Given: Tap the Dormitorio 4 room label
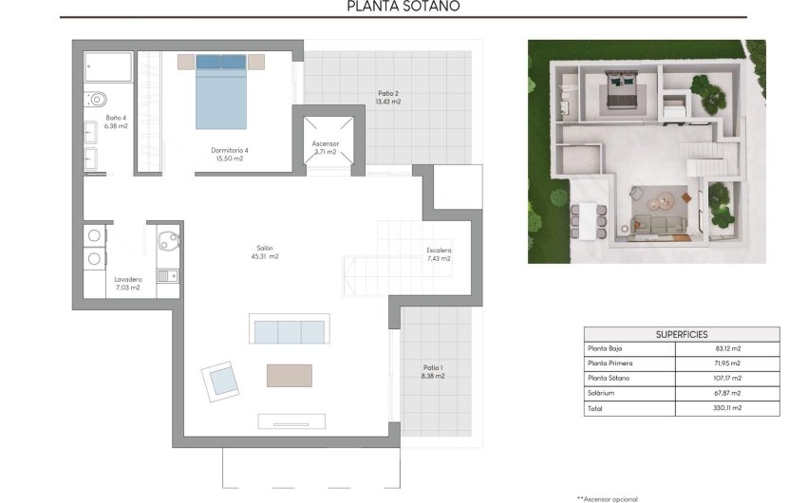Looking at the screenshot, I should pyautogui.click(x=229, y=153).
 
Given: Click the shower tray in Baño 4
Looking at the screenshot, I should pyautogui.click(x=108, y=66).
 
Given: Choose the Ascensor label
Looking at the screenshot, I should pyautogui.click(x=325, y=147).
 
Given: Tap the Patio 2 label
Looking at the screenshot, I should pyautogui.click(x=387, y=97).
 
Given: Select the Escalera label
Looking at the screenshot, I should pyautogui.click(x=439, y=254).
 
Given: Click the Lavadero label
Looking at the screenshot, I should pyautogui.click(x=127, y=283).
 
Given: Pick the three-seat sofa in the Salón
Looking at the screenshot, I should pyautogui.click(x=289, y=330).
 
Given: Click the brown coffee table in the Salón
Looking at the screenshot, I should pyautogui.click(x=289, y=375).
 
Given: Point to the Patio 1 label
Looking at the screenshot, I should pyautogui.click(x=433, y=371).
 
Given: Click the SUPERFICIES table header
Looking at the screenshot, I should pyautogui.click(x=681, y=334).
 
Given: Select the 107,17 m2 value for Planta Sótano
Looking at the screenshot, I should pyautogui.click(x=726, y=378).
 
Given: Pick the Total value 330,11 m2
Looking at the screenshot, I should pyautogui.click(x=726, y=407).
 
